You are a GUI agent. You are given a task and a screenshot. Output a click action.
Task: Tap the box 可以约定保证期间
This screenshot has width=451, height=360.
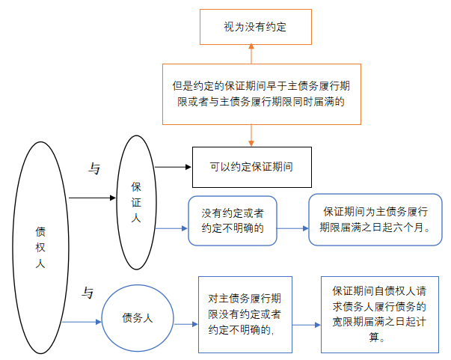click(x=251, y=165)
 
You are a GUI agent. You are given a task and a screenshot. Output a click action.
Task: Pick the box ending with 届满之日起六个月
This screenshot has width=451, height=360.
click(x=374, y=219)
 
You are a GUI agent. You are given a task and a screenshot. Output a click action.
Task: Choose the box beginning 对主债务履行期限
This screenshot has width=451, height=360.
click(x=245, y=314)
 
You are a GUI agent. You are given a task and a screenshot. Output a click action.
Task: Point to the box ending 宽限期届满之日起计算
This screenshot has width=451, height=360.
click(x=380, y=314)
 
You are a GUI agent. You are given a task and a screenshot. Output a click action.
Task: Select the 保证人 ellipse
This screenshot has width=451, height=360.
click(x=136, y=202)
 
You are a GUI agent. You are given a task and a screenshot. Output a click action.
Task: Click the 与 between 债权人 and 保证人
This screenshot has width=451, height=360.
click(x=95, y=170)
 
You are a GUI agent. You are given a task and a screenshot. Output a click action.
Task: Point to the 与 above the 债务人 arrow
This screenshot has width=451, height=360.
click(x=88, y=293)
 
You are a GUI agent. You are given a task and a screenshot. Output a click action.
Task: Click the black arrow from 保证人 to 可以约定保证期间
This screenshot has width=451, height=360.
click(x=174, y=165)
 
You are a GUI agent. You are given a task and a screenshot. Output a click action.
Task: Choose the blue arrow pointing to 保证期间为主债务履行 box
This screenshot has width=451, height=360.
click(x=292, y=228)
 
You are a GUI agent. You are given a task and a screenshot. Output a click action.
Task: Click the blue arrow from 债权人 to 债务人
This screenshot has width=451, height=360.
click(x=82, y=322)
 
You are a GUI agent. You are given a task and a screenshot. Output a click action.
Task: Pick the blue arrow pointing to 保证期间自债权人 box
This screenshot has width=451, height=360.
click(x=307, y=325)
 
